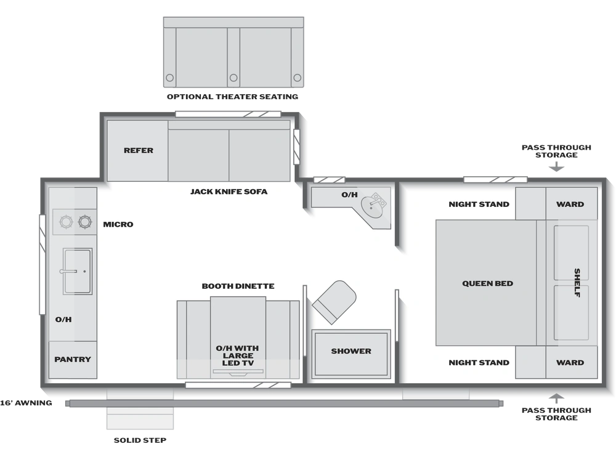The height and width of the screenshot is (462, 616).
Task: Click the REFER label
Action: point(138,150)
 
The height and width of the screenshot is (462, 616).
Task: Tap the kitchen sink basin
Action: point(78,271)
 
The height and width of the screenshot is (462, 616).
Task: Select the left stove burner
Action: point(66,222)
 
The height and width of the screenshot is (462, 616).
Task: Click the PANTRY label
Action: point(73,359)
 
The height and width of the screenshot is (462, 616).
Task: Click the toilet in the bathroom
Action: point(334,302)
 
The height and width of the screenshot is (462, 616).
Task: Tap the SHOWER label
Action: point(351,351)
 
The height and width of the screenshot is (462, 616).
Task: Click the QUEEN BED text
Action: point(487,283)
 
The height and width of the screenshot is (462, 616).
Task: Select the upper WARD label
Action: point(570,205)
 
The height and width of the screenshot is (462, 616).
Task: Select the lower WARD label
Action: point(570,363)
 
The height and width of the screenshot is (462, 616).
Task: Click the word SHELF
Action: point(577,283)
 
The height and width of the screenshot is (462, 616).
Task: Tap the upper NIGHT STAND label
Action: point(479,205)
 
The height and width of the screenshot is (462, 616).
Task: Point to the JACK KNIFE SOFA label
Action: point(229,192)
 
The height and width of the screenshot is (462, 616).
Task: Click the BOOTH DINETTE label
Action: point(238,286)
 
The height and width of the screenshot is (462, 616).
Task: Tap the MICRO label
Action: point(118,224)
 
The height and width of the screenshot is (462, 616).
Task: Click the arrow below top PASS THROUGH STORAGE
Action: point(556,166)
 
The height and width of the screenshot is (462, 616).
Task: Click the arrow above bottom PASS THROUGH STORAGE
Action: point(556,399)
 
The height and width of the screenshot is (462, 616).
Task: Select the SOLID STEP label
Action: point(140,440)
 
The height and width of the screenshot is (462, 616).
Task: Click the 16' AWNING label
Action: point(26,403)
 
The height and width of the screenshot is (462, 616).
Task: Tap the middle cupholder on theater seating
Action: point(233,78)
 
